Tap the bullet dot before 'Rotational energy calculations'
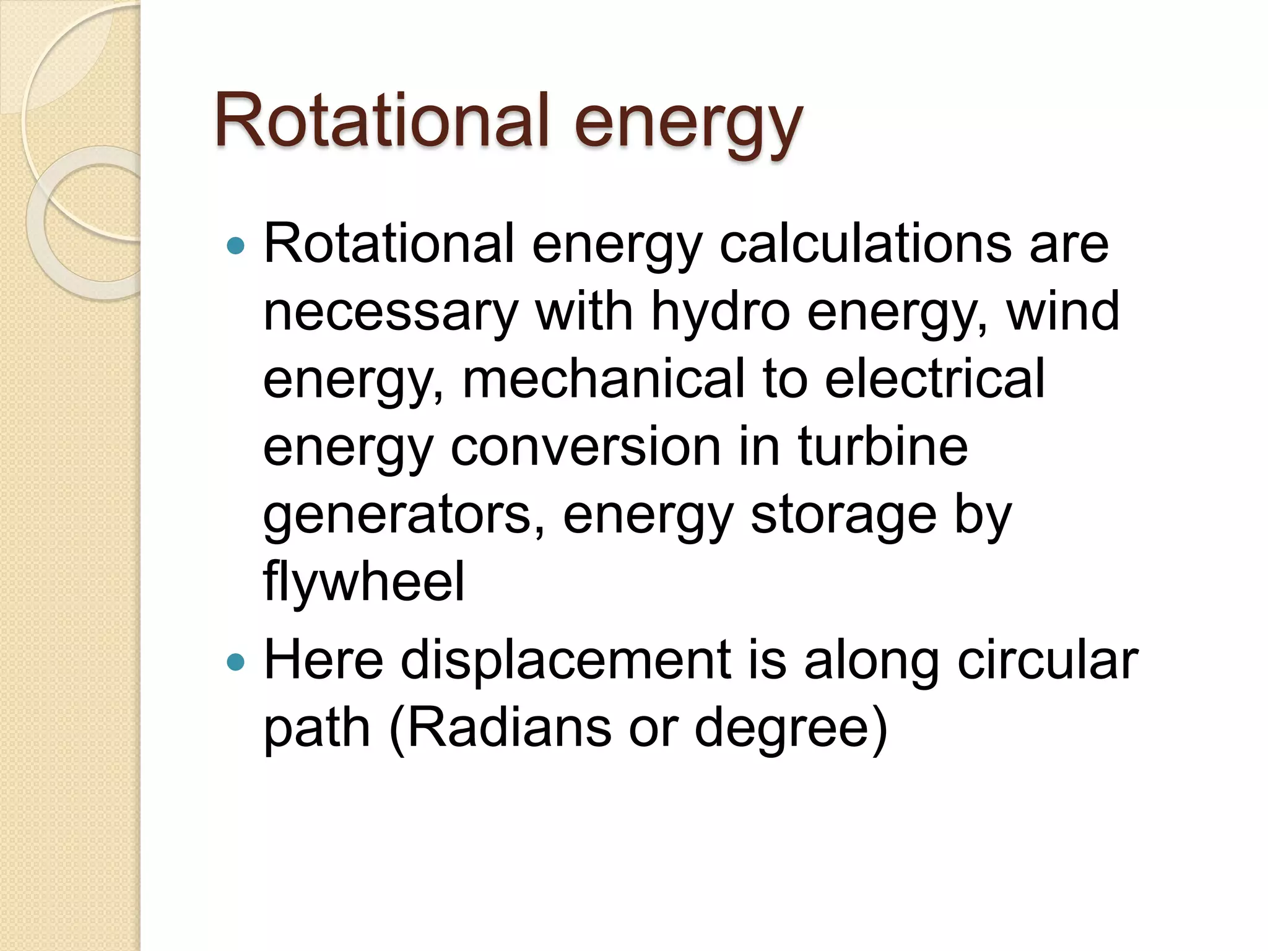[x=236, y=246]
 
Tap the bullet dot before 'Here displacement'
[x=236, y=662]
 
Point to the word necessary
[x=390, y=312]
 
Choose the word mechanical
[x=604, y=379]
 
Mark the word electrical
[x=934, y=379]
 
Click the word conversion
[x=585, y=446]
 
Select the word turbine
[x=882, y=446]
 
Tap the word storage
[x=843, y=515]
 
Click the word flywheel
[x=364, y=582]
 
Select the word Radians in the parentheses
[x=508, y=728]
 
